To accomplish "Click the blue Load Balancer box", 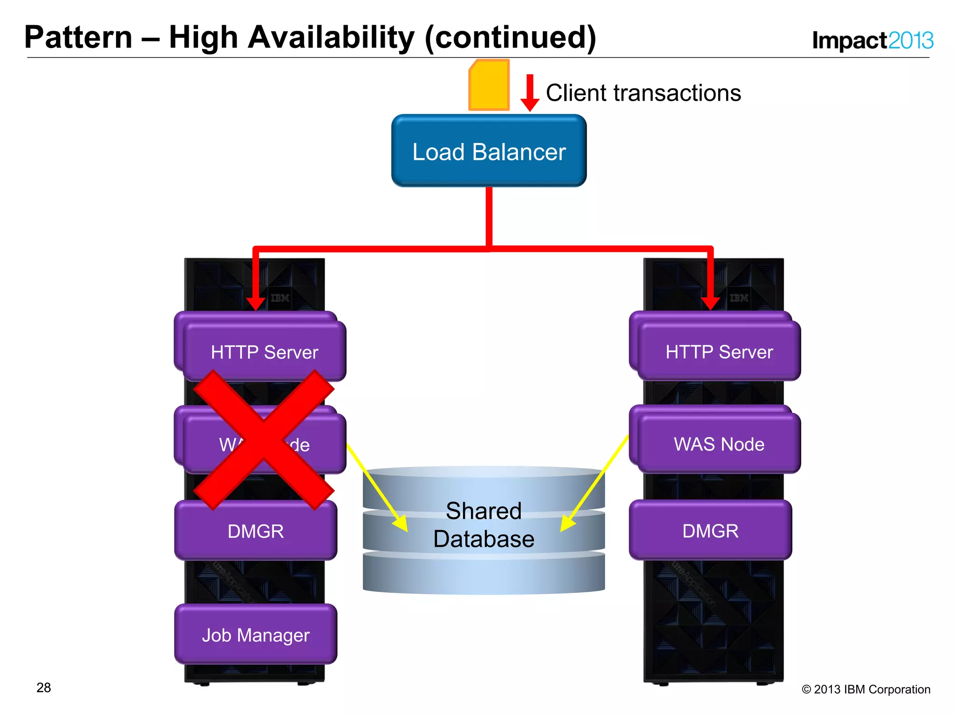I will tap(489, 151).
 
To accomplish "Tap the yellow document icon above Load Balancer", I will tap(489, 85).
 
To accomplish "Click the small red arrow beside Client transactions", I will tap(530, 93).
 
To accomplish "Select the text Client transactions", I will tap(643, 93).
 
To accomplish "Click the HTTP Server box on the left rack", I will tap(264, 352).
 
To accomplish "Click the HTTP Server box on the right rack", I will tap(719, 351).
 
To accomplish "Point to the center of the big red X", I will tap(264, 440).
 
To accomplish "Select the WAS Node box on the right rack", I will tap(719, 444).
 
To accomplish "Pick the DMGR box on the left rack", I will tap(255, 531).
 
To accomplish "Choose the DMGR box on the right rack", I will tap(710, 530).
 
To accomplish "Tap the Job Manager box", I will tap(255, 635).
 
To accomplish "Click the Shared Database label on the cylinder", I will tap(484, 525).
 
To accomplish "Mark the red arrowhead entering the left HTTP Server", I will tap(255, 303).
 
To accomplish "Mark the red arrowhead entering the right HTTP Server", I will tap(710, 303).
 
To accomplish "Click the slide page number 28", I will tap(43, 688).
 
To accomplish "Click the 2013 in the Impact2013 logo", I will tap(910, 41).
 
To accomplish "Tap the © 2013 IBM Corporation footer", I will tap(865, 689).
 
